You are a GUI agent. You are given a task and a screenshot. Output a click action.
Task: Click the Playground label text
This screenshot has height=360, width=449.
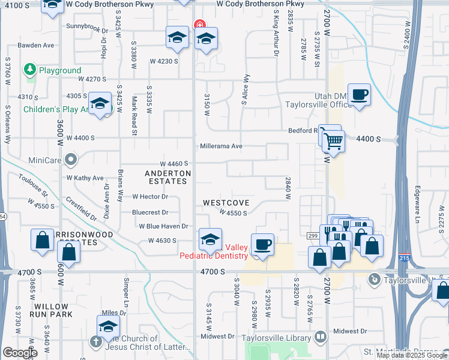click(60, 70)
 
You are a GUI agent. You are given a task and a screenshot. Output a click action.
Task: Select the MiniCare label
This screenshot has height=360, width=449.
click(46, 160)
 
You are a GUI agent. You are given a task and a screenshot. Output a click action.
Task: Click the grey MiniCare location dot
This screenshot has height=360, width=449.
click(71, 160)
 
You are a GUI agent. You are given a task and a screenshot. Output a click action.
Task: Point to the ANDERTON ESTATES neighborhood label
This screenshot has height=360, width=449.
click(168, 177)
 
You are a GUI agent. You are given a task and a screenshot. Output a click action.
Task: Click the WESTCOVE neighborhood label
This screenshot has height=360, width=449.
click(226, 203)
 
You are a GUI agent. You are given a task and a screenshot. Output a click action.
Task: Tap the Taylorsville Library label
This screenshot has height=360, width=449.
click(278, 337)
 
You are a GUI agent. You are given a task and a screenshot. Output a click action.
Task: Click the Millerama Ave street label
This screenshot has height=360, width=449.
click(221, 146)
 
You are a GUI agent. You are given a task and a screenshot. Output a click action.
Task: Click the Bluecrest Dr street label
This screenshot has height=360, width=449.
click(150, 212)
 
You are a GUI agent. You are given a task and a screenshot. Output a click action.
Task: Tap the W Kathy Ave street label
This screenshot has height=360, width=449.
click(85, 178)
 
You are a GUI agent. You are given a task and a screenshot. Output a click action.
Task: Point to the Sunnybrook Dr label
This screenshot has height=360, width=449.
click(87, 27)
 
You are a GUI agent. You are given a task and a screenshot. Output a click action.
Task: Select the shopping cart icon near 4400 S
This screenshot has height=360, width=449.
click(333, 142)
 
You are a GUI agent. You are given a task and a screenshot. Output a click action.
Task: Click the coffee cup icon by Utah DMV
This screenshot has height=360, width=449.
click(359, 95)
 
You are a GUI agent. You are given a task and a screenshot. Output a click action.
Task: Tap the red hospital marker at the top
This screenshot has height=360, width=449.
click(199, 25)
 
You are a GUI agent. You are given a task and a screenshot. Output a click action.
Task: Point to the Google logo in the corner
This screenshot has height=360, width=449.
click(20, 353)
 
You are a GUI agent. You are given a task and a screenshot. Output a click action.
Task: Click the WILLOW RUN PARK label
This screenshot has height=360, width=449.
click(53, 310)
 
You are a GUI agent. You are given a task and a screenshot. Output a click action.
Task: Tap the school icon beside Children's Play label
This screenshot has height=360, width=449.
click(100, 103)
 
